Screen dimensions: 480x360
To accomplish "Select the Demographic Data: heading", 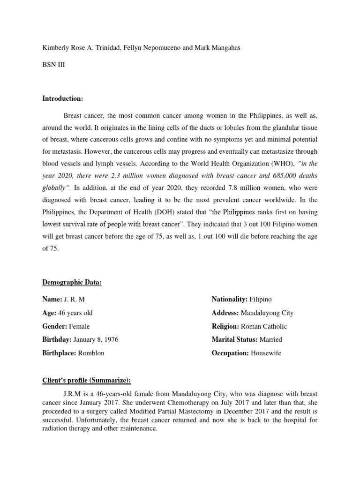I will click(x=72, y=282).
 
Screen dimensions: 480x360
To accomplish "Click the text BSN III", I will click(x=53, y=65).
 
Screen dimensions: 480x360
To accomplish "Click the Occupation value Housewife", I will click(x=266, y=353).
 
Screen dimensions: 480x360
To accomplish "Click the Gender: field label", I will click(x=55, y=326).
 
